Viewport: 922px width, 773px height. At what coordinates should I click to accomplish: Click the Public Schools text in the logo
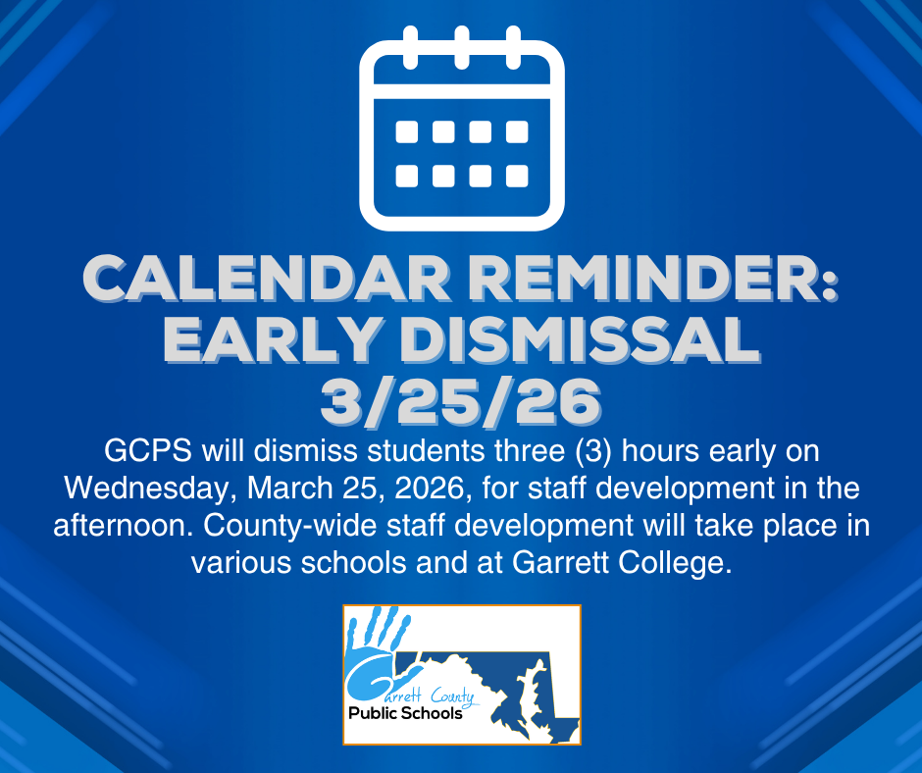click(x=405, y=713)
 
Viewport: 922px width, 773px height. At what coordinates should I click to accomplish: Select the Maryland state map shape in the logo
click(x=510, y=692)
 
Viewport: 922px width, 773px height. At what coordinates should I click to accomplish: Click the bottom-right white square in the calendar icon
click(x=517, y=176)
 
